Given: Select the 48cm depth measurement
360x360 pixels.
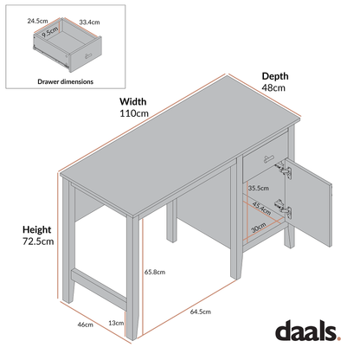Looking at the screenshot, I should (274, 88).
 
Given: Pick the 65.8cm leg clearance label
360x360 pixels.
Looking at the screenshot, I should (156, 272).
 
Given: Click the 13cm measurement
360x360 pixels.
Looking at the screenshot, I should (114, 323).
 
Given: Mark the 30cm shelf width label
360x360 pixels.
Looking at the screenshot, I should (259, 229).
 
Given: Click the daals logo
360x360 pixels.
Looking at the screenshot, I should (311, 330).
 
